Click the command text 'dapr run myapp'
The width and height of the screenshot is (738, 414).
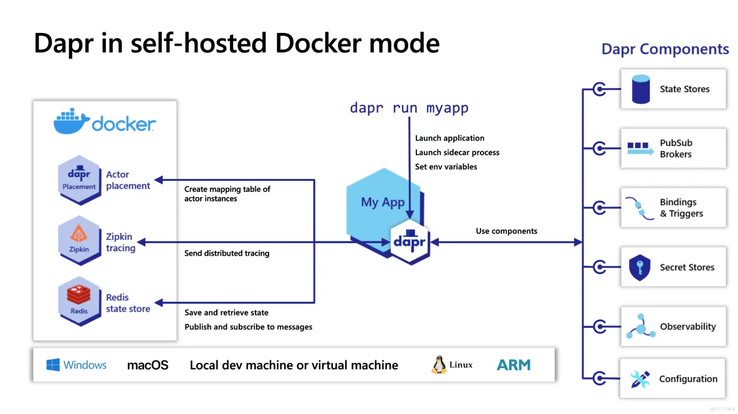(x=409, y=108)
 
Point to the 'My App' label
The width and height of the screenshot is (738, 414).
(x=383, y=202)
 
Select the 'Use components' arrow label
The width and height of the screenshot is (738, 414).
(x=506, y=231)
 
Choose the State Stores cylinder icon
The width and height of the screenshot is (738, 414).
(x=641, y=89)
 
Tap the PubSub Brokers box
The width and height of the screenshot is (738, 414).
(x=673, y=148)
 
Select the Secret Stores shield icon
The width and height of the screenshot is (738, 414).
(x=640, y=267)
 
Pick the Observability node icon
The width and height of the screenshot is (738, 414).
(x=641, y=326)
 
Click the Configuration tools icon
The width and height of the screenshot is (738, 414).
(x=640, y=379)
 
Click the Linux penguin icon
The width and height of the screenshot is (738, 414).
(x=439, y=365)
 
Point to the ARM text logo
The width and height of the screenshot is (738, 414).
(x=514, y=365)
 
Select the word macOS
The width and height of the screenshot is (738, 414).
(x=148, y=365)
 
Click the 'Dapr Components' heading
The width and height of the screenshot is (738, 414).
(x=664, y=50)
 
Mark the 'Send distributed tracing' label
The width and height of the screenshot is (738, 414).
(x=227, y=253)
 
